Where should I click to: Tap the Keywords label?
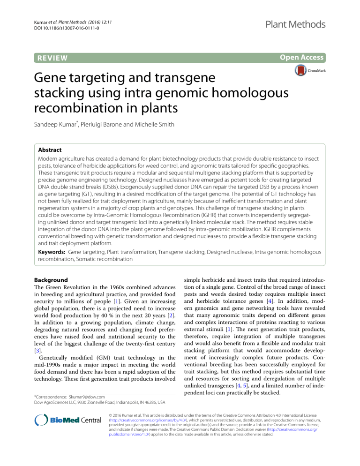pyautogui.click(x=53, y=239)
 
